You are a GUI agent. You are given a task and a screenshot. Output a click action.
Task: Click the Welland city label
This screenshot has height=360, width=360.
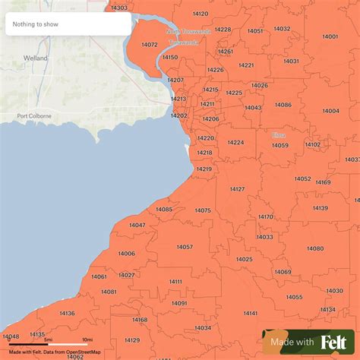click(35, 58)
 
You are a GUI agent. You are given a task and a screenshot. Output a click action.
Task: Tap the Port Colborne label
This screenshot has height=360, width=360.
click(33, 116)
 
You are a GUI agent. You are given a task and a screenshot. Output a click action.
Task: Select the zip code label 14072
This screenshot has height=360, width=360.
click(150, 45)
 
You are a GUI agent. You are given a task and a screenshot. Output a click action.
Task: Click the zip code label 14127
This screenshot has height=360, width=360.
click(237, 188)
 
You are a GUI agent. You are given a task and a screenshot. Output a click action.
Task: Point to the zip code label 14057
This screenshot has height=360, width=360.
click(185, 247)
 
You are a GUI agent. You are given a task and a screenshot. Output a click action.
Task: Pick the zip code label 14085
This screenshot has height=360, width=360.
click(164, 210)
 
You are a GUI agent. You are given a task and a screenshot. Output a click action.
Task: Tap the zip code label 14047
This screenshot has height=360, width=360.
click(137, 226)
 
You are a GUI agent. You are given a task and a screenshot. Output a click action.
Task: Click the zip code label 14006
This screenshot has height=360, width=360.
click(126, 254)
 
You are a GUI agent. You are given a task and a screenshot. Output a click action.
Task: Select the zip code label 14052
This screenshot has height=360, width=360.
click(302, 178)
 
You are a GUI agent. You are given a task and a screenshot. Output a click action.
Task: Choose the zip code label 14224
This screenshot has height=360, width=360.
click(235, 142)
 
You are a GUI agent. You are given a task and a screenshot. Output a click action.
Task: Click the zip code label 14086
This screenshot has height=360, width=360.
click(283, 105)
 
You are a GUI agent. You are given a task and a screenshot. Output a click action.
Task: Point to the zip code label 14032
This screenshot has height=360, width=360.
click(282, 29)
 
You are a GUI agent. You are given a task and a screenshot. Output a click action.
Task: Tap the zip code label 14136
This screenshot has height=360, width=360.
click(67, 313)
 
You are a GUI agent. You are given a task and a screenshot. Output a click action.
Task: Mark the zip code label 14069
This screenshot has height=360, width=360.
click(283, 272)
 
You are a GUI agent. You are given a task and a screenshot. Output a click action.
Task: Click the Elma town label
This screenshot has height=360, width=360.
click(279, 135)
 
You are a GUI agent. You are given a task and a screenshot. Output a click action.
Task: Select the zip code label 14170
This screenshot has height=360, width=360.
click(265, 217)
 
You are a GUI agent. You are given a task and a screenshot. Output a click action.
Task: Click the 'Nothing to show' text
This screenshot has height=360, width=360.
click(35, 24)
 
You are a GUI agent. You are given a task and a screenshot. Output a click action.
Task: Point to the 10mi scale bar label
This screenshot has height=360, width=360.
click(87, 339)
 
